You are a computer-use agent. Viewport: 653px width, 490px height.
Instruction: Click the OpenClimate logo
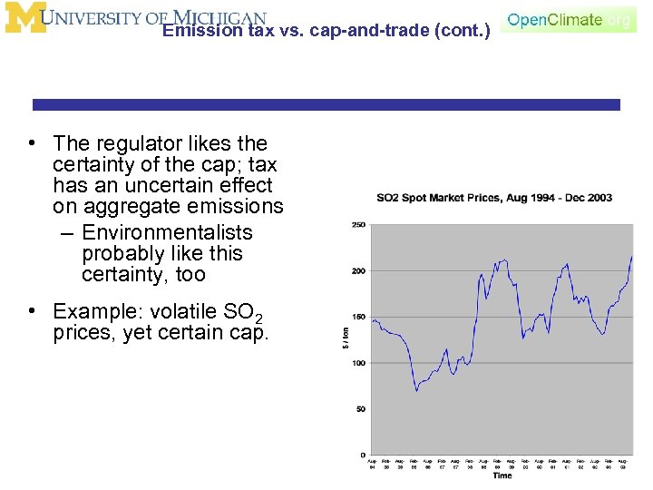coord(569,20)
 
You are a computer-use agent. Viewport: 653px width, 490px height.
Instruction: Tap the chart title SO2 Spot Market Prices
coord(494,198)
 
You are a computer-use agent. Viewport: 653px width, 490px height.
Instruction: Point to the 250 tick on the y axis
coord(358,224)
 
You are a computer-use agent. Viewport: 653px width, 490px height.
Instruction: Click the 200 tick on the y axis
coord(358,270)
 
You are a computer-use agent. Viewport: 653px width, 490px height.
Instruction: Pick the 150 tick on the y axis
coord(358,317)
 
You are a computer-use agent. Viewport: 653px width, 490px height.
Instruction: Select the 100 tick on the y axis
coord(358,363)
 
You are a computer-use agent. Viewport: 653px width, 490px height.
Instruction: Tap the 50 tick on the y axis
coord(360,409)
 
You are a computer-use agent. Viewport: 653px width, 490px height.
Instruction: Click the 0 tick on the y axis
coord(362,455)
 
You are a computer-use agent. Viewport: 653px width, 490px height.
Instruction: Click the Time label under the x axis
coord(502,475)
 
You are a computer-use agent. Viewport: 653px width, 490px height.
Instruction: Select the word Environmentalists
coord(168,232)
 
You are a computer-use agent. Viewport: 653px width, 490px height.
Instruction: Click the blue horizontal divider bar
coord(326,104)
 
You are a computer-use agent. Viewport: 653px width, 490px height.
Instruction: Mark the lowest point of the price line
coord(416,390)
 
